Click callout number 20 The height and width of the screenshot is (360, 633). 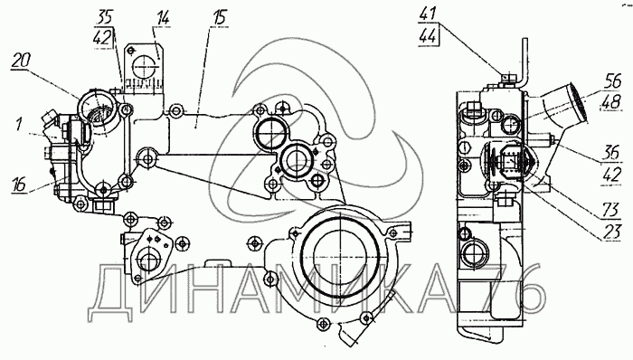pyautogui.click(x=21, y=61)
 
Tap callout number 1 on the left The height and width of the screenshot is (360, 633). pyautogui.click(x=19, y=124)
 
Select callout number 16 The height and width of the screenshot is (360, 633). pyautogui.click(x=20, y=184)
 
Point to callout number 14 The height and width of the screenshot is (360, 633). pyautogui.click(x=162, y=18)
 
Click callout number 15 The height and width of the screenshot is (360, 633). pyautogui.click(x=220, y=18)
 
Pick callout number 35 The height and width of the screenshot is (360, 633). pyautogui.click(x=104, y=18)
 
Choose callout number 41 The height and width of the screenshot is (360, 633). pyautogui.click(x=428, y=14)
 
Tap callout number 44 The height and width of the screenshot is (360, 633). pyautogui.click(x=428, y=36)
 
